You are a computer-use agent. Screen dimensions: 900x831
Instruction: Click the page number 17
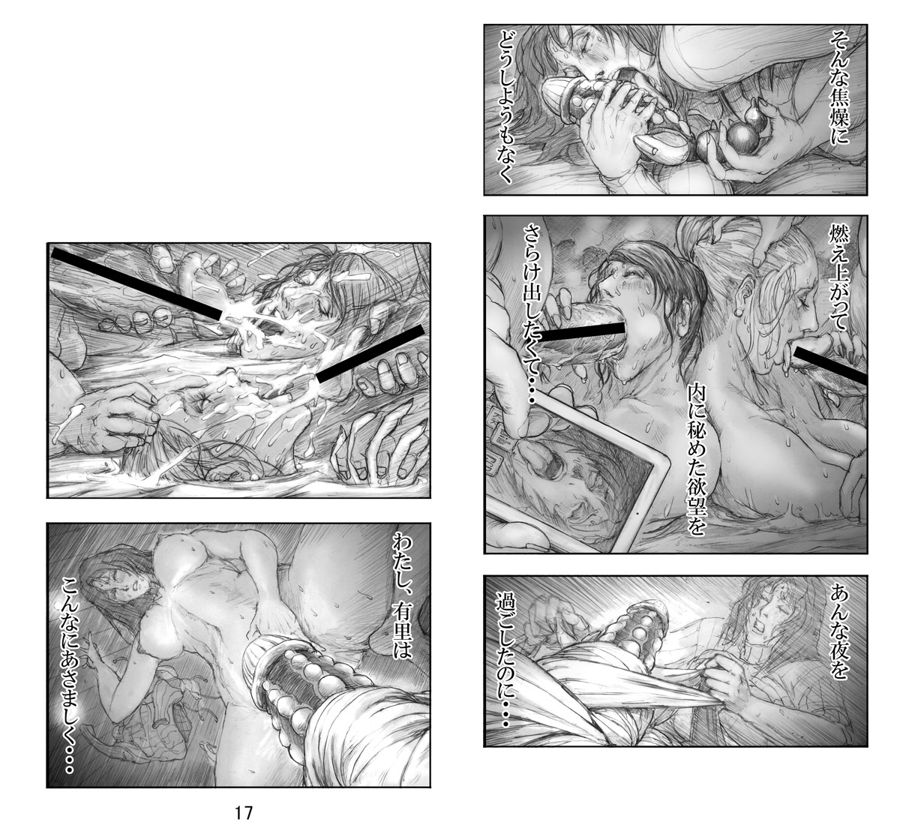pyautogui.click(x=243, y=813)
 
